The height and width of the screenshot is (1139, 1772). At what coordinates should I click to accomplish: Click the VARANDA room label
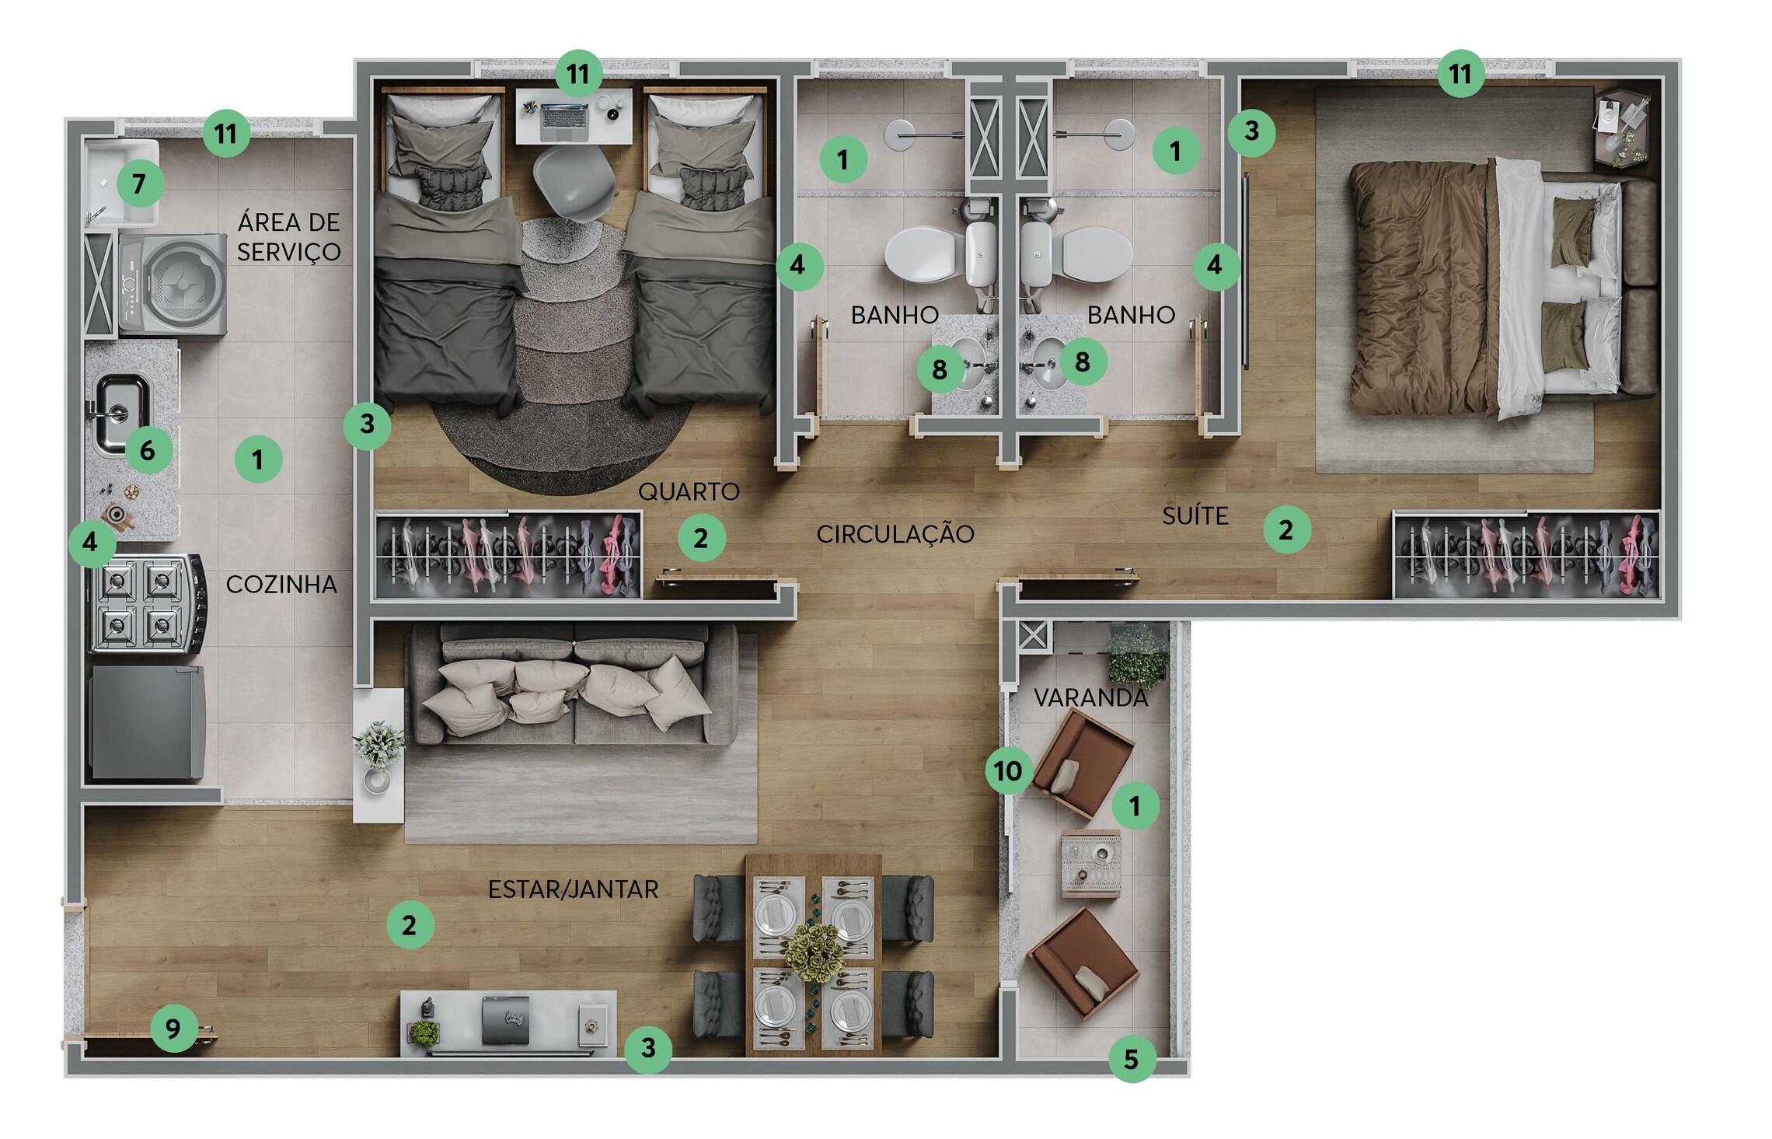[1090, 697]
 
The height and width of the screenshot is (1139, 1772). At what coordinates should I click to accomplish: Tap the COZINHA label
[281, 584]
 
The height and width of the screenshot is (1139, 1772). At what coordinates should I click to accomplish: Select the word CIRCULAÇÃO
[895, 533]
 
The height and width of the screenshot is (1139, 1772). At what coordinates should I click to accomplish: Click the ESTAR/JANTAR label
[573, 889]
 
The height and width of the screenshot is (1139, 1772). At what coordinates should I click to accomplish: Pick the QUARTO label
[689, 491]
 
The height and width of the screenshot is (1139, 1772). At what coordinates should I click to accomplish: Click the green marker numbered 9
[173, 1028]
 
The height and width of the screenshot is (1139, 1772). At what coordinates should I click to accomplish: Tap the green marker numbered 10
[1009, 770]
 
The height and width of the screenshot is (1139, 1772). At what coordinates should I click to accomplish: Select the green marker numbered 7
[140, 183]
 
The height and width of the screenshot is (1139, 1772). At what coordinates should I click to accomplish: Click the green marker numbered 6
[148, 449]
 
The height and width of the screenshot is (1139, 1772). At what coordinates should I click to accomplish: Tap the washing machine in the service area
[173, 285]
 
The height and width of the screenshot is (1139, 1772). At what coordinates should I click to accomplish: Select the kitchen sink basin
[121, 413]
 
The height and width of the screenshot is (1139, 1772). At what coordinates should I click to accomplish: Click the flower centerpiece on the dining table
[813, 952]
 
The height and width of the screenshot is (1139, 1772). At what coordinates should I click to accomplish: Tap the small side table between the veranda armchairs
[1091, 865]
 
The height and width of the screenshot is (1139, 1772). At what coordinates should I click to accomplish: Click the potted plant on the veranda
[1137, 655]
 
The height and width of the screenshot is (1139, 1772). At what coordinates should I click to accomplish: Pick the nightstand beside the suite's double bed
[1622, 129]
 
